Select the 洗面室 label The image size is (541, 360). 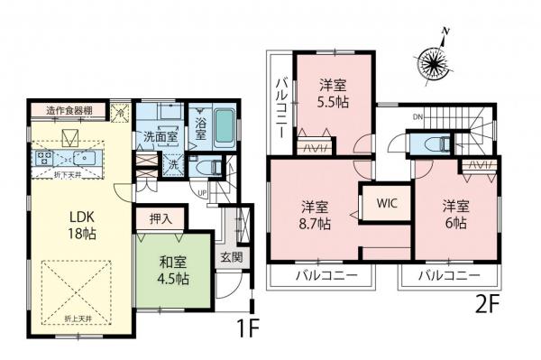(x=160, y=138)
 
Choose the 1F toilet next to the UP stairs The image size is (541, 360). (x=206, y=167)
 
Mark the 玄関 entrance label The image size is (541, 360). (x=231, y=257)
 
